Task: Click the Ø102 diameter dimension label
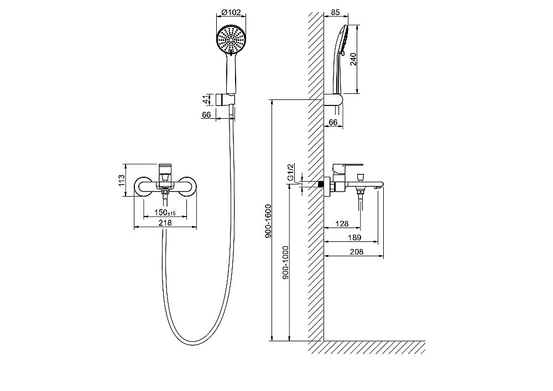click(x=231, y=13)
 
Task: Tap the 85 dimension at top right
click(x=336, y=13)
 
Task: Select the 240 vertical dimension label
click(x=353, y=59)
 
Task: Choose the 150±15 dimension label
click(x=165, y=213)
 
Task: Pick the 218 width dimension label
click(x=165, y=223)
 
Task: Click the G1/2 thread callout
click(x=291, y=172)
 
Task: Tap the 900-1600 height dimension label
click(x=268, y=221)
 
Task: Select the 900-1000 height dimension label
click(x=285, y=262)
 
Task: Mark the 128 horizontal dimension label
click(x=342, y=224)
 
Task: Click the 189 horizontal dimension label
click(x=354, y=238)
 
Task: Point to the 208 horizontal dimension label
click(x=357, y=252)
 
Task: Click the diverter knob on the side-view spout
click(x=360, y=177)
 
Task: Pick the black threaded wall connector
click(x=321, y=184)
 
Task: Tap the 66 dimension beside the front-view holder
click(x=207, y=115)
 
